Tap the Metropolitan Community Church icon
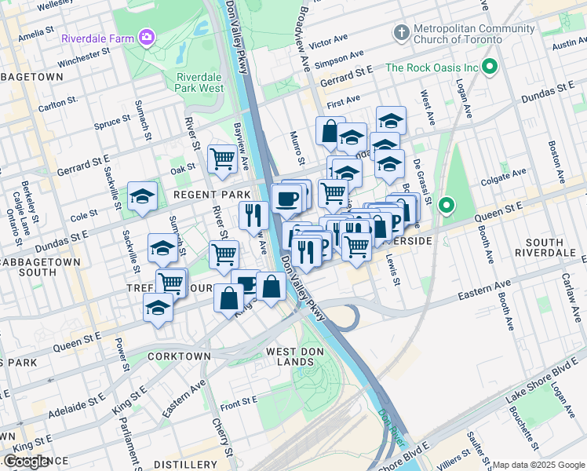click(402, 33)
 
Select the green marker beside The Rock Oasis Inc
click(491, 68)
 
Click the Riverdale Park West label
click(200, 82)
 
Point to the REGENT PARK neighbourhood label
click(212, 194)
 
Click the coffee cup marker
click(287, 198)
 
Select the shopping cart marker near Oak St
click(223, 159)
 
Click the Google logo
click(27, 462)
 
